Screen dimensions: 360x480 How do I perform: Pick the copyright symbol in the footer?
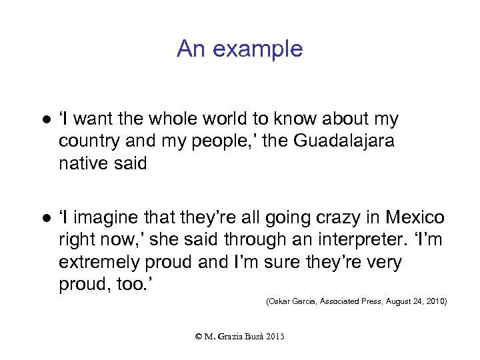pos(199,337)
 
